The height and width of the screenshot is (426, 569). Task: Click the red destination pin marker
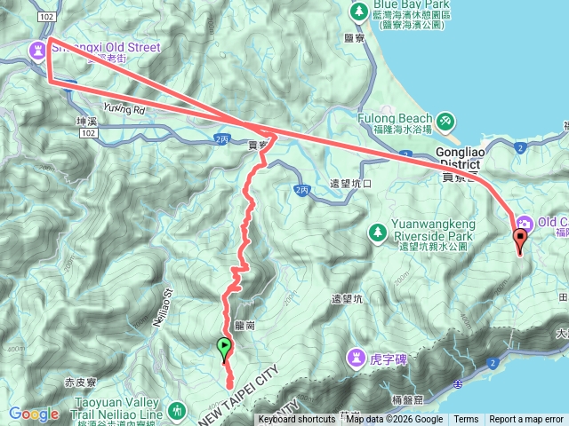click(519, 238)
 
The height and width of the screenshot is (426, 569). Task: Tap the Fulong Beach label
click(394, 118)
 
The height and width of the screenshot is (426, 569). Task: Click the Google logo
click(34, 414)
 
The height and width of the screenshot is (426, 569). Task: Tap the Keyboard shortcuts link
click(297, 420)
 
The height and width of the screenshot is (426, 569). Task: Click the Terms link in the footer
click(466, 420)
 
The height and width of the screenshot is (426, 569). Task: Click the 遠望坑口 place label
click(349, 184)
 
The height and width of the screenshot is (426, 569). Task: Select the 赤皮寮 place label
click(81, 383)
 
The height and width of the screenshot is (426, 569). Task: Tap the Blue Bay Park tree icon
click(359, 12)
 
